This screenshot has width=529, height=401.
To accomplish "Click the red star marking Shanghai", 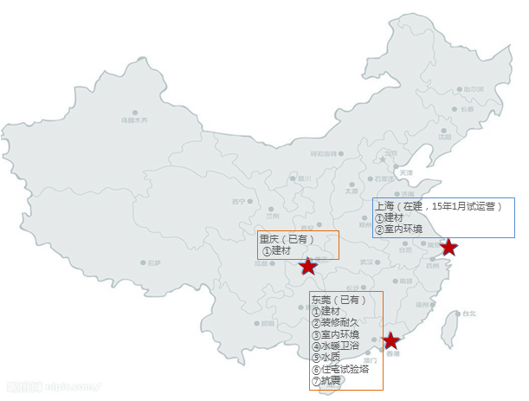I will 448,248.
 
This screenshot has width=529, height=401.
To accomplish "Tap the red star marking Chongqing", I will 308,266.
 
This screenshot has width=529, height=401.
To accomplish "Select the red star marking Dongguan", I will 391,340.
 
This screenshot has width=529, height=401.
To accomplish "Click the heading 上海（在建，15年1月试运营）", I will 439,207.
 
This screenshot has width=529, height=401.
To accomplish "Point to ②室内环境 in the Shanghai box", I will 399,229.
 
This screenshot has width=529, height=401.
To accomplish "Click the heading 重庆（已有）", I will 288,239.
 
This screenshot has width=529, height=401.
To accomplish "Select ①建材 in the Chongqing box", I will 277,250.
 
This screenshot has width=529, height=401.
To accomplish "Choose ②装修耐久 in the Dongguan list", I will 334,322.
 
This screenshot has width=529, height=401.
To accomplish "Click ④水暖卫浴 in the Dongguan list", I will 334,346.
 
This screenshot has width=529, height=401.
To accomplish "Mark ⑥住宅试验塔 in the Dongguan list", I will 340,368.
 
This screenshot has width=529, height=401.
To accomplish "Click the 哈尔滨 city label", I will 473,89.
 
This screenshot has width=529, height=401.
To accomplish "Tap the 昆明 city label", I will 268,323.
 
